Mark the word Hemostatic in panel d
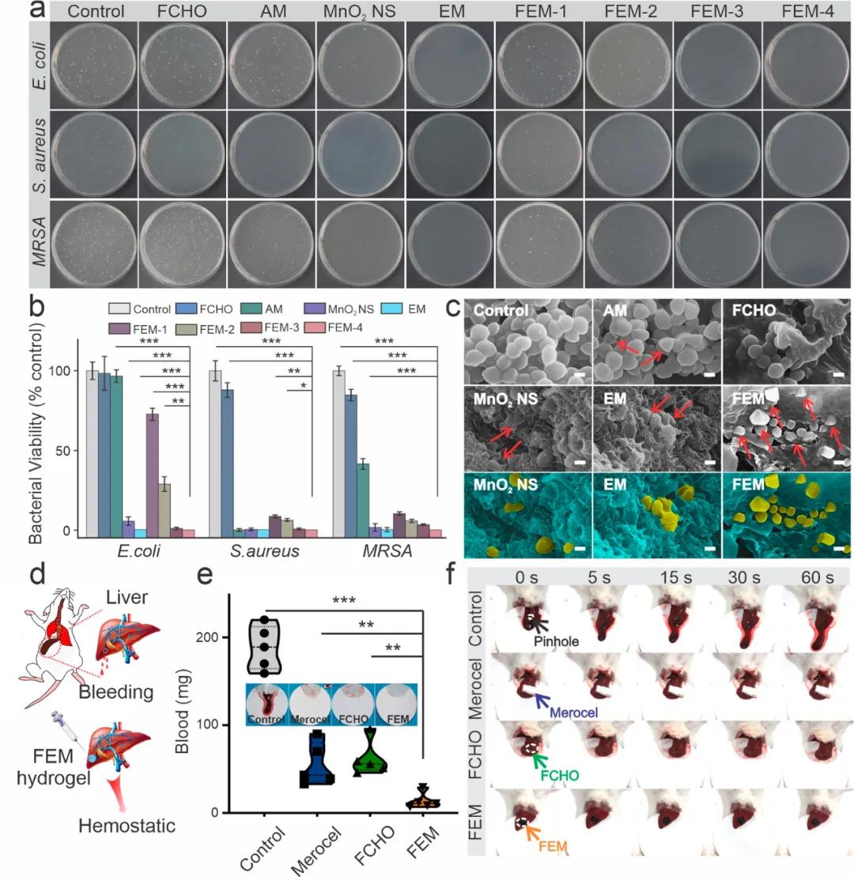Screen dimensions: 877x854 127,826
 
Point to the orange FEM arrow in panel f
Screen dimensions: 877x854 535,833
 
